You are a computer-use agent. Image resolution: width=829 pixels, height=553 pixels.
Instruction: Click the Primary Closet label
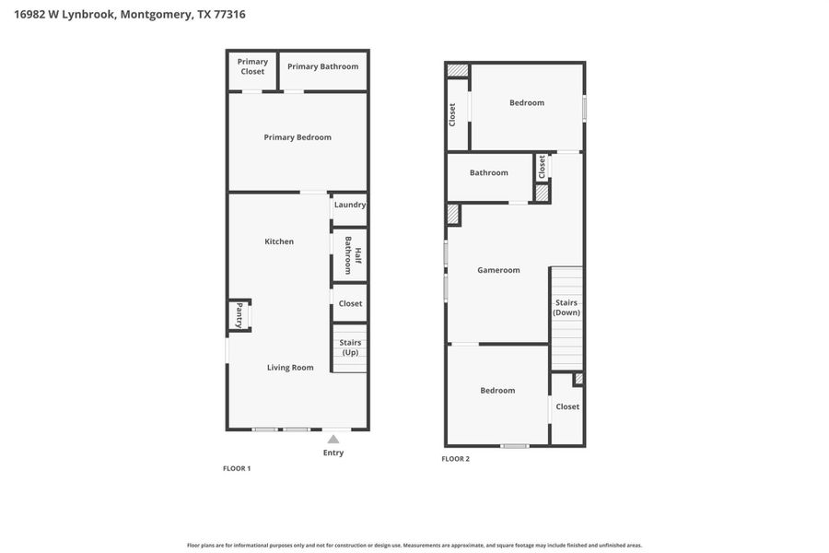(x=252, y=66)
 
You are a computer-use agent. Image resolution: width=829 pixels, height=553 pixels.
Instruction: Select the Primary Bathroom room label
(x=322, y=66)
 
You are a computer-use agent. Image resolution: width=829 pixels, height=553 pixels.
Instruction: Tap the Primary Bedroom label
(x=298, y=137)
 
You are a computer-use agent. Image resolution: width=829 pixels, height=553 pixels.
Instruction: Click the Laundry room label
(x=350, y=205)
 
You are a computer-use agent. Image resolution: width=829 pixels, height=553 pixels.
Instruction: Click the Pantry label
(x=239, y=315)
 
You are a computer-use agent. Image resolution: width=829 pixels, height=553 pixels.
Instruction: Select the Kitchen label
(x=279, y=241)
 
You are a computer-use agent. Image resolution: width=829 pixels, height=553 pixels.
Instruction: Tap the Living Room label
(x=290, y=367)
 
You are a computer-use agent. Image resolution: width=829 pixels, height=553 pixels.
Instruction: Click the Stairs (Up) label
(x=350, y=347)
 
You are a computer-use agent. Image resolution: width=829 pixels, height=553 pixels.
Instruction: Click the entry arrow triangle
(x=333, y=440)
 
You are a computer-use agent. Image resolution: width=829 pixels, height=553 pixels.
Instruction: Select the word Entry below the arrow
(x=333, y=453)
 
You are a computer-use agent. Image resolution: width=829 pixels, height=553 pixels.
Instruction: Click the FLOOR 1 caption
(x=237, y=468)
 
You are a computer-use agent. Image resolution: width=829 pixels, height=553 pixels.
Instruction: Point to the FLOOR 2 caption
(x=455, y=458)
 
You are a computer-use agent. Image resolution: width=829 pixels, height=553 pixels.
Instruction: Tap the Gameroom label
(x=498, y=270)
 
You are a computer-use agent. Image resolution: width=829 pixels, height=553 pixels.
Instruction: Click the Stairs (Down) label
(x=566, y=307)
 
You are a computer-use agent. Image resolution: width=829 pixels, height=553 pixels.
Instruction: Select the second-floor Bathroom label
(x=488, y=172)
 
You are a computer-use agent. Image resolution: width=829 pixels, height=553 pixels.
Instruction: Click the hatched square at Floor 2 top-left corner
(x=458, y=70)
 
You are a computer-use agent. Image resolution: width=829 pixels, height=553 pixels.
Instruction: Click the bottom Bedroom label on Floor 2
(x=497, y=390)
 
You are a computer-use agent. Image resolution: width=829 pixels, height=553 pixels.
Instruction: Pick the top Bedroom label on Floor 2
(x=527, y=102)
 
